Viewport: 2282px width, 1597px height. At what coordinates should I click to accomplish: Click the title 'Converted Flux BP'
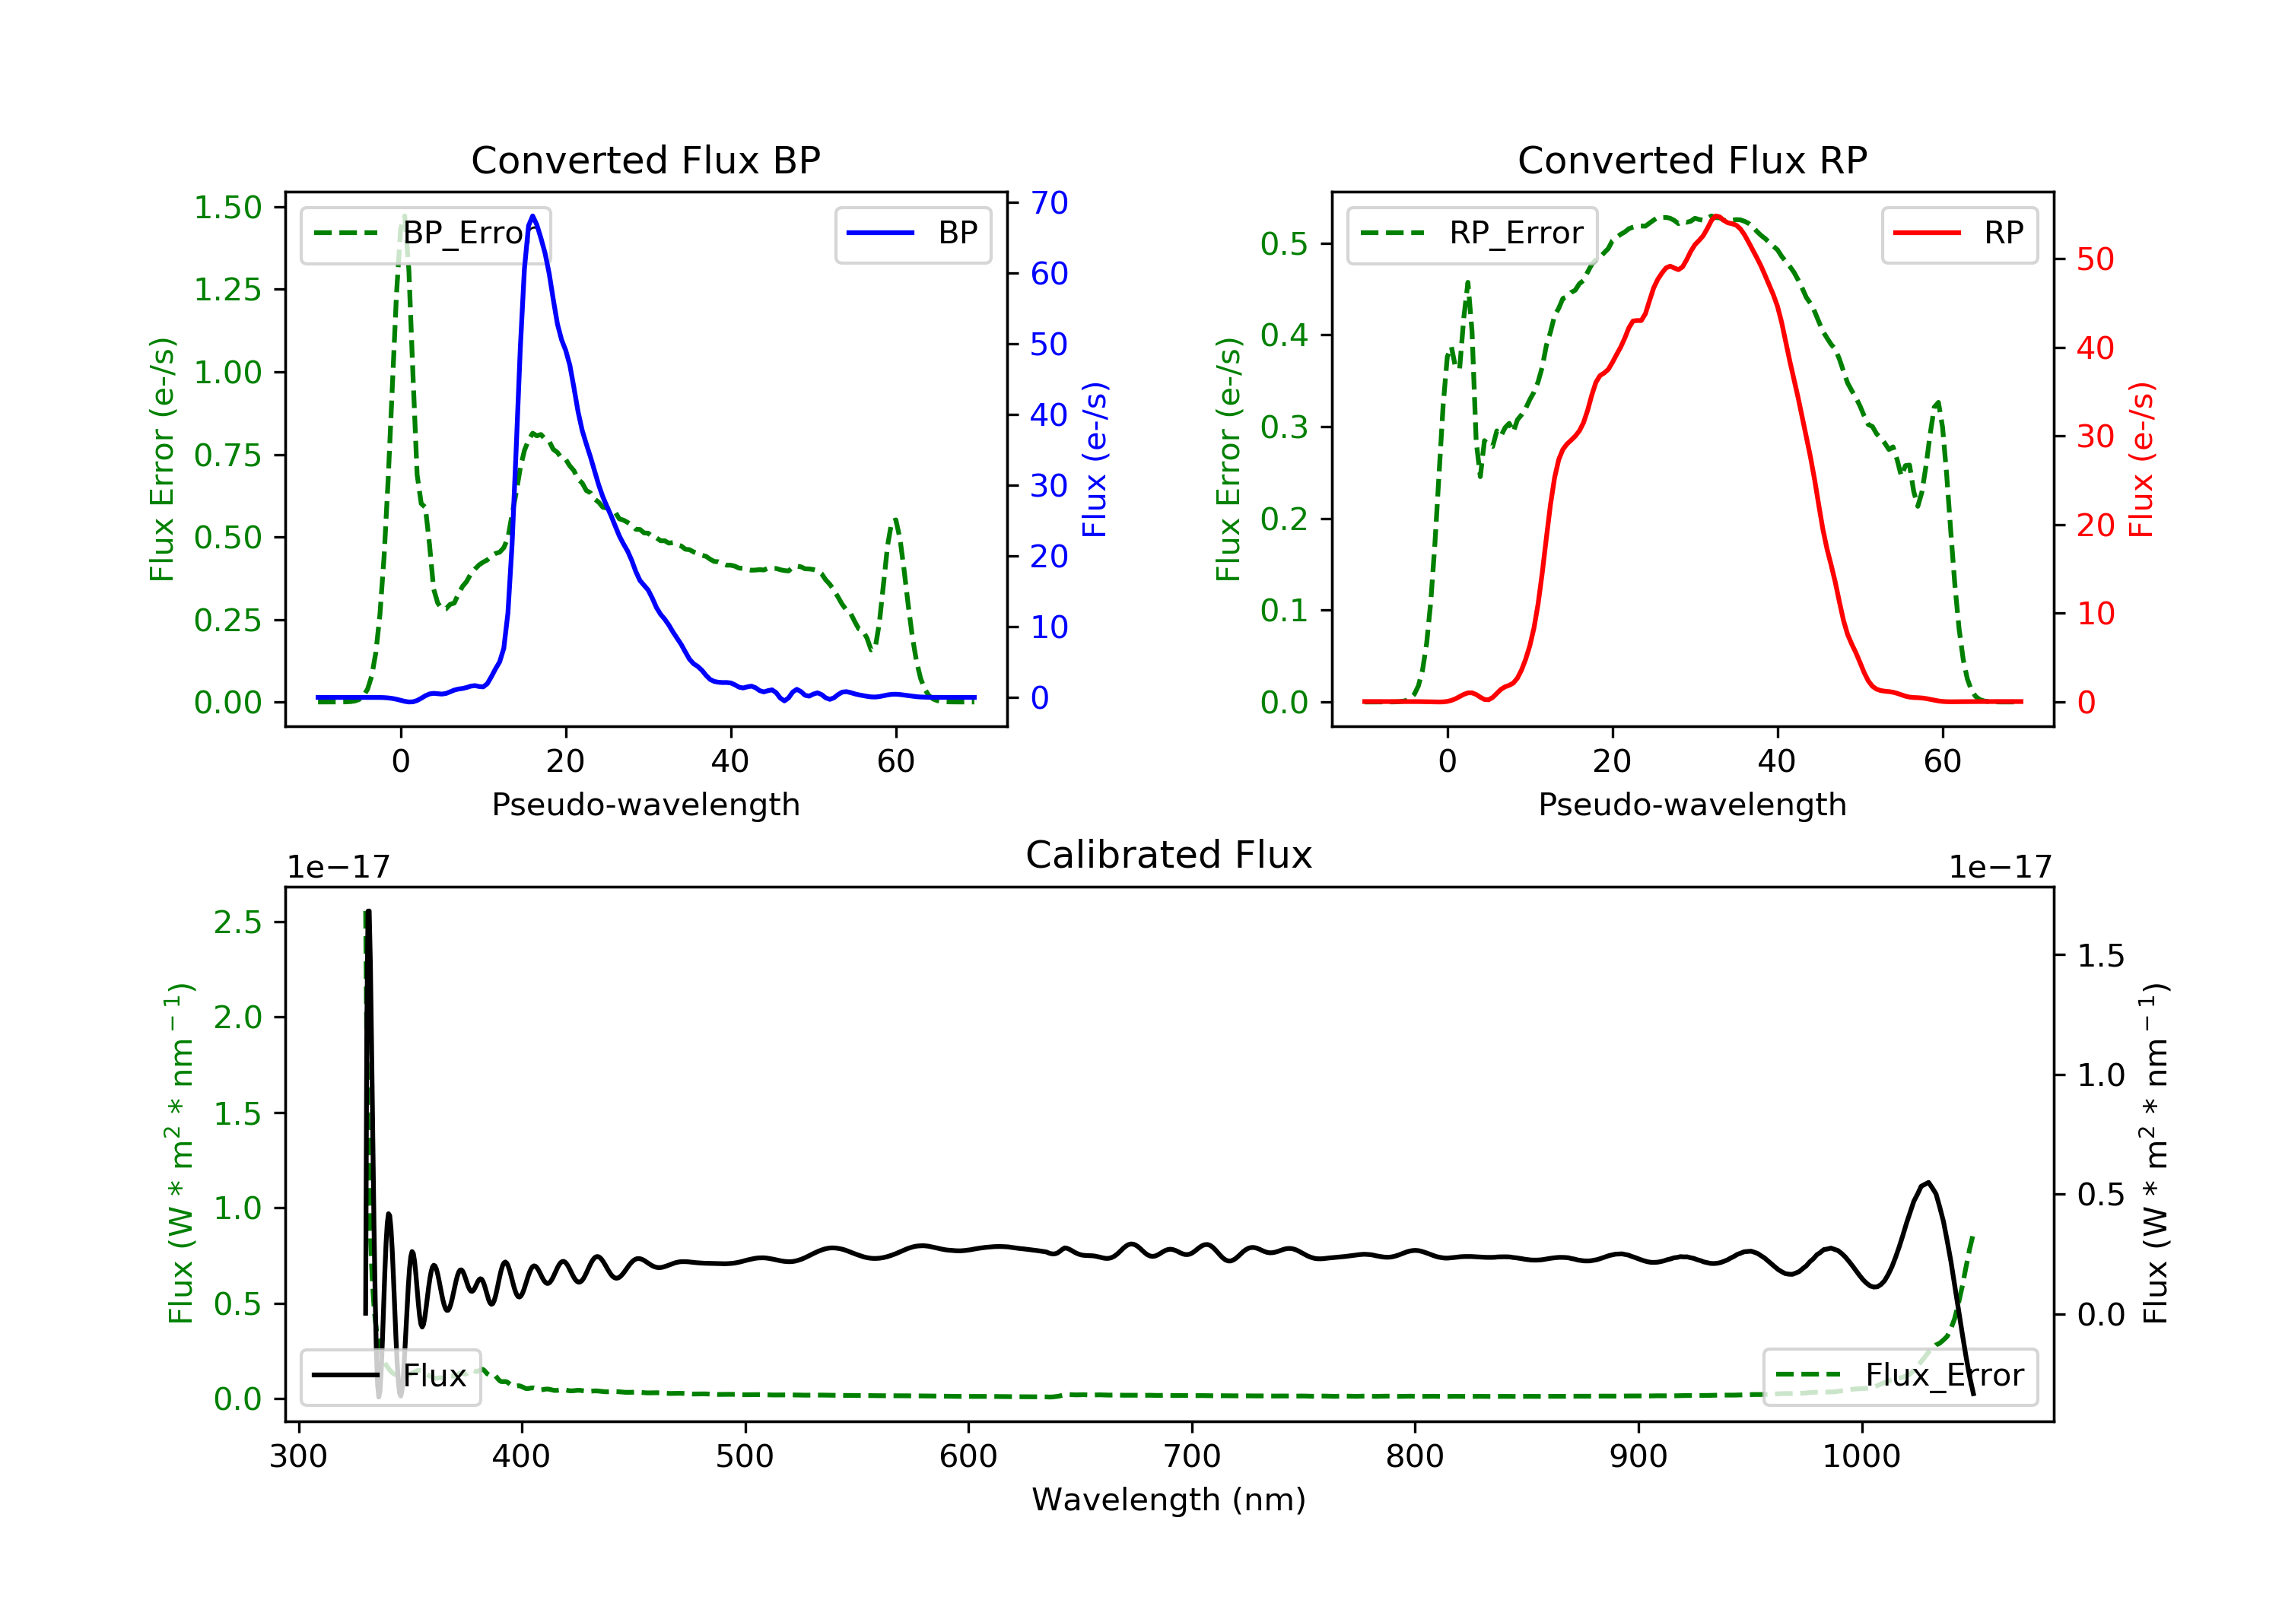click(x=645, y=160)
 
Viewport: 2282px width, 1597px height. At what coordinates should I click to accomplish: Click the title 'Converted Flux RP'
click(x=1692, y=160)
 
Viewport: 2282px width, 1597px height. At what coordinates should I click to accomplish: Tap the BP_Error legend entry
click(x=425, y=233)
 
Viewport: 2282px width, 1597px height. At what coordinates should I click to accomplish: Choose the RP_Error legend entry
click(x=1472, y=233)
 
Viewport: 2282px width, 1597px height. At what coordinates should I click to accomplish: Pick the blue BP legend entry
click(x=912, y=233)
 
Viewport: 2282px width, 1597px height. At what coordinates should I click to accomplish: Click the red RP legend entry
click(x=1959, y=233)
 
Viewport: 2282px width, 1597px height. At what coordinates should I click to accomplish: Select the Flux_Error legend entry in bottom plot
click(x=1899, y=1376)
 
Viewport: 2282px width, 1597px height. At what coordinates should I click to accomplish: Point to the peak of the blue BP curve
click(x=532, y=216)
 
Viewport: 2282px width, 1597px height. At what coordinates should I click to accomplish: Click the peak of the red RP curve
click(x=1715, y=216)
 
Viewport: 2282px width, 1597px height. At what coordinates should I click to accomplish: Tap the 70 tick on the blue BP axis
click(x=1048, y=203)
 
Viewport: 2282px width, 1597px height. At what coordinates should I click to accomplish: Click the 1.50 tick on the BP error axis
click(x=227, y=208)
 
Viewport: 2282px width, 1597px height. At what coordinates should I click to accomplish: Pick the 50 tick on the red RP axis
click(x=2095, y=259)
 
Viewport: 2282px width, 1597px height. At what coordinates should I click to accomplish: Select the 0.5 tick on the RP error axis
click(x=1284, y=243)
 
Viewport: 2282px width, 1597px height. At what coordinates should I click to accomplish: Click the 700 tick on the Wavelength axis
click(x=1192, y=1457)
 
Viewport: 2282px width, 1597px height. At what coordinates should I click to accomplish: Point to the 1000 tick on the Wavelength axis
click(x=1861, y=1457)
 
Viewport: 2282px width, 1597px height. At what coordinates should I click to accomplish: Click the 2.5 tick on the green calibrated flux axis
click(x=237, y=922)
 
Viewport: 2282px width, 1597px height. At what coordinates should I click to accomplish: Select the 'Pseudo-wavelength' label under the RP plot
click(x=1692, y=804)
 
